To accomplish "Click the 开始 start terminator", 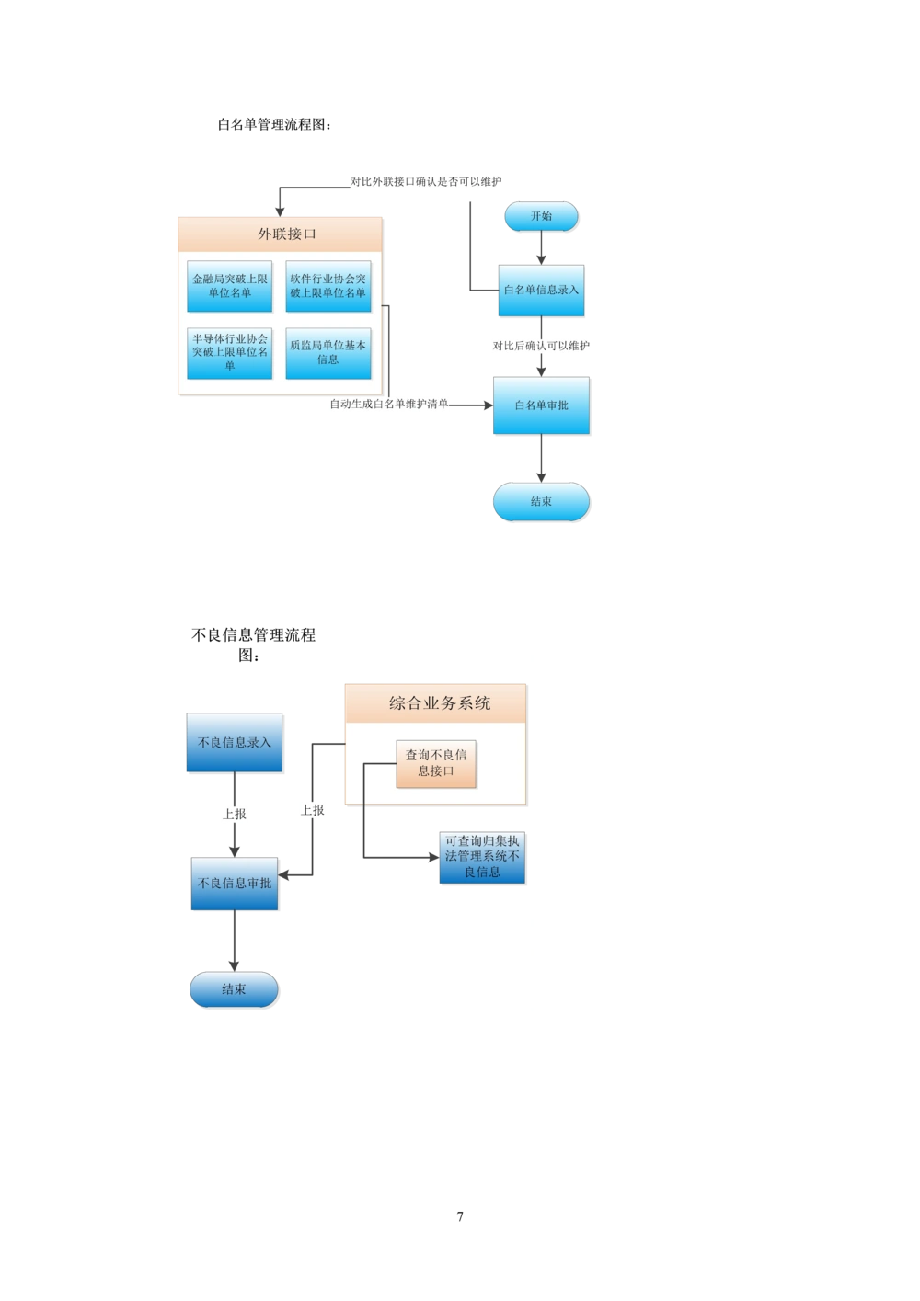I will [541, 216].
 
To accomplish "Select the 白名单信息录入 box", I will [541, 290].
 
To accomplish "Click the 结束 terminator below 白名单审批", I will [541, 502].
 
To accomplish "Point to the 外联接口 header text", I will [287, 234].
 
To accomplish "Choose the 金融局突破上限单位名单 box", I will [230, 285].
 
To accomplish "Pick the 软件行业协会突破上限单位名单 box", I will [328, 285].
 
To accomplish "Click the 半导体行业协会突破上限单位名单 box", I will [230, 352].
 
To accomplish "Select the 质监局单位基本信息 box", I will [328, 352].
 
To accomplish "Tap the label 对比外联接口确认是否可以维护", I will [426, 182].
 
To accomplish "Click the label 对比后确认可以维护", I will [541, 347].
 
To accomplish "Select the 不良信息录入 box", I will [235, 742].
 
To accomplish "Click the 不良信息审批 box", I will [235, 883].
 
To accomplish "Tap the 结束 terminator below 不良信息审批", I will [234, 989].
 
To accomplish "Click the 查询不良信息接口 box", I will [436, 763].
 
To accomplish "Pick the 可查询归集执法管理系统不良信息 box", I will [482, 856].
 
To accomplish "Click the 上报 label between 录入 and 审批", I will [235, 814].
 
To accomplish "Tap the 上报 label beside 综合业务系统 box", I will [313, 810].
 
